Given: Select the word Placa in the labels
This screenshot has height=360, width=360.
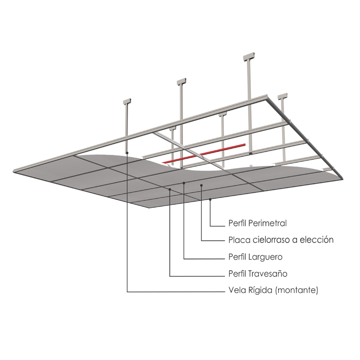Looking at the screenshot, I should point(238,240).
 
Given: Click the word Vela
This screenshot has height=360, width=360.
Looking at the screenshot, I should point(237,291).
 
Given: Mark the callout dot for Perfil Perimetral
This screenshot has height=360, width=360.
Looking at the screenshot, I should point(210,199).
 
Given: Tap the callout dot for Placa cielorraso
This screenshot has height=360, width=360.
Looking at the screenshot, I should point(202,185).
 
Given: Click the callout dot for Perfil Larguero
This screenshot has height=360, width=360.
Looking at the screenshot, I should point(184,183).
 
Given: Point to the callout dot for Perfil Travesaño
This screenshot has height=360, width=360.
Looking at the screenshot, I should point(170,190).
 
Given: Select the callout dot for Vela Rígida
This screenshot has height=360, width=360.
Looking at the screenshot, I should point(127,153).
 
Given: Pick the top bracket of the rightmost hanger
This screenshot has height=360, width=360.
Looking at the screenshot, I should point(282,96).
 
